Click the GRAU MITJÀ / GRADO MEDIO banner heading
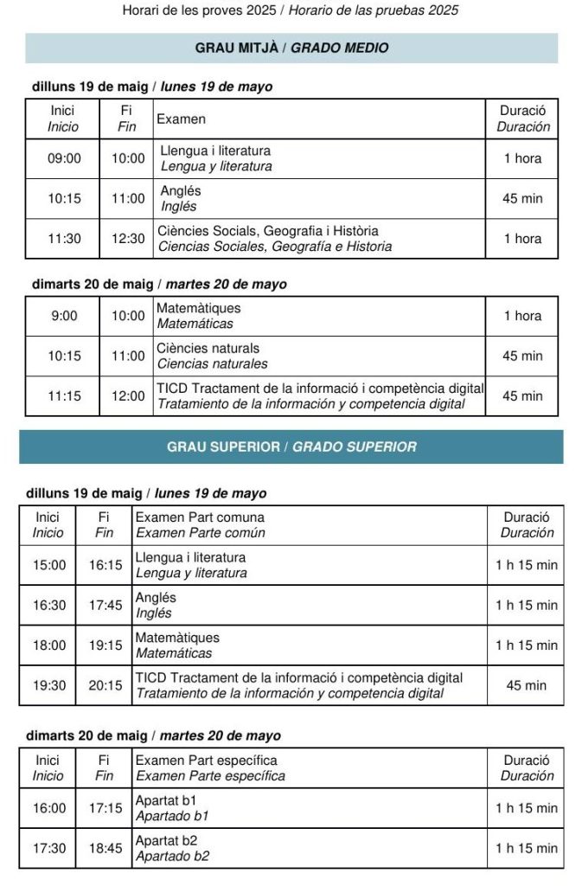(x=291, y=48)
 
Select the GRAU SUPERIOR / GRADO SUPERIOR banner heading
(x=291, y=447)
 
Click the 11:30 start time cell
(x=63, y=239)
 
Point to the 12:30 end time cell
(x=127, y=239)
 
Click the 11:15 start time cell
(x=63, y=396)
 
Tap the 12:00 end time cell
(x=127, y=396)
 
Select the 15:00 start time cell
(x=49, y=565)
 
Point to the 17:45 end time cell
(x=106, y=606)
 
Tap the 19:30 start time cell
(x=49, y=685)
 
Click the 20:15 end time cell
(x=106, y=685)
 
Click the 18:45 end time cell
(x=106, y=848)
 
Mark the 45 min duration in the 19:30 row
(x=526, y=685)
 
